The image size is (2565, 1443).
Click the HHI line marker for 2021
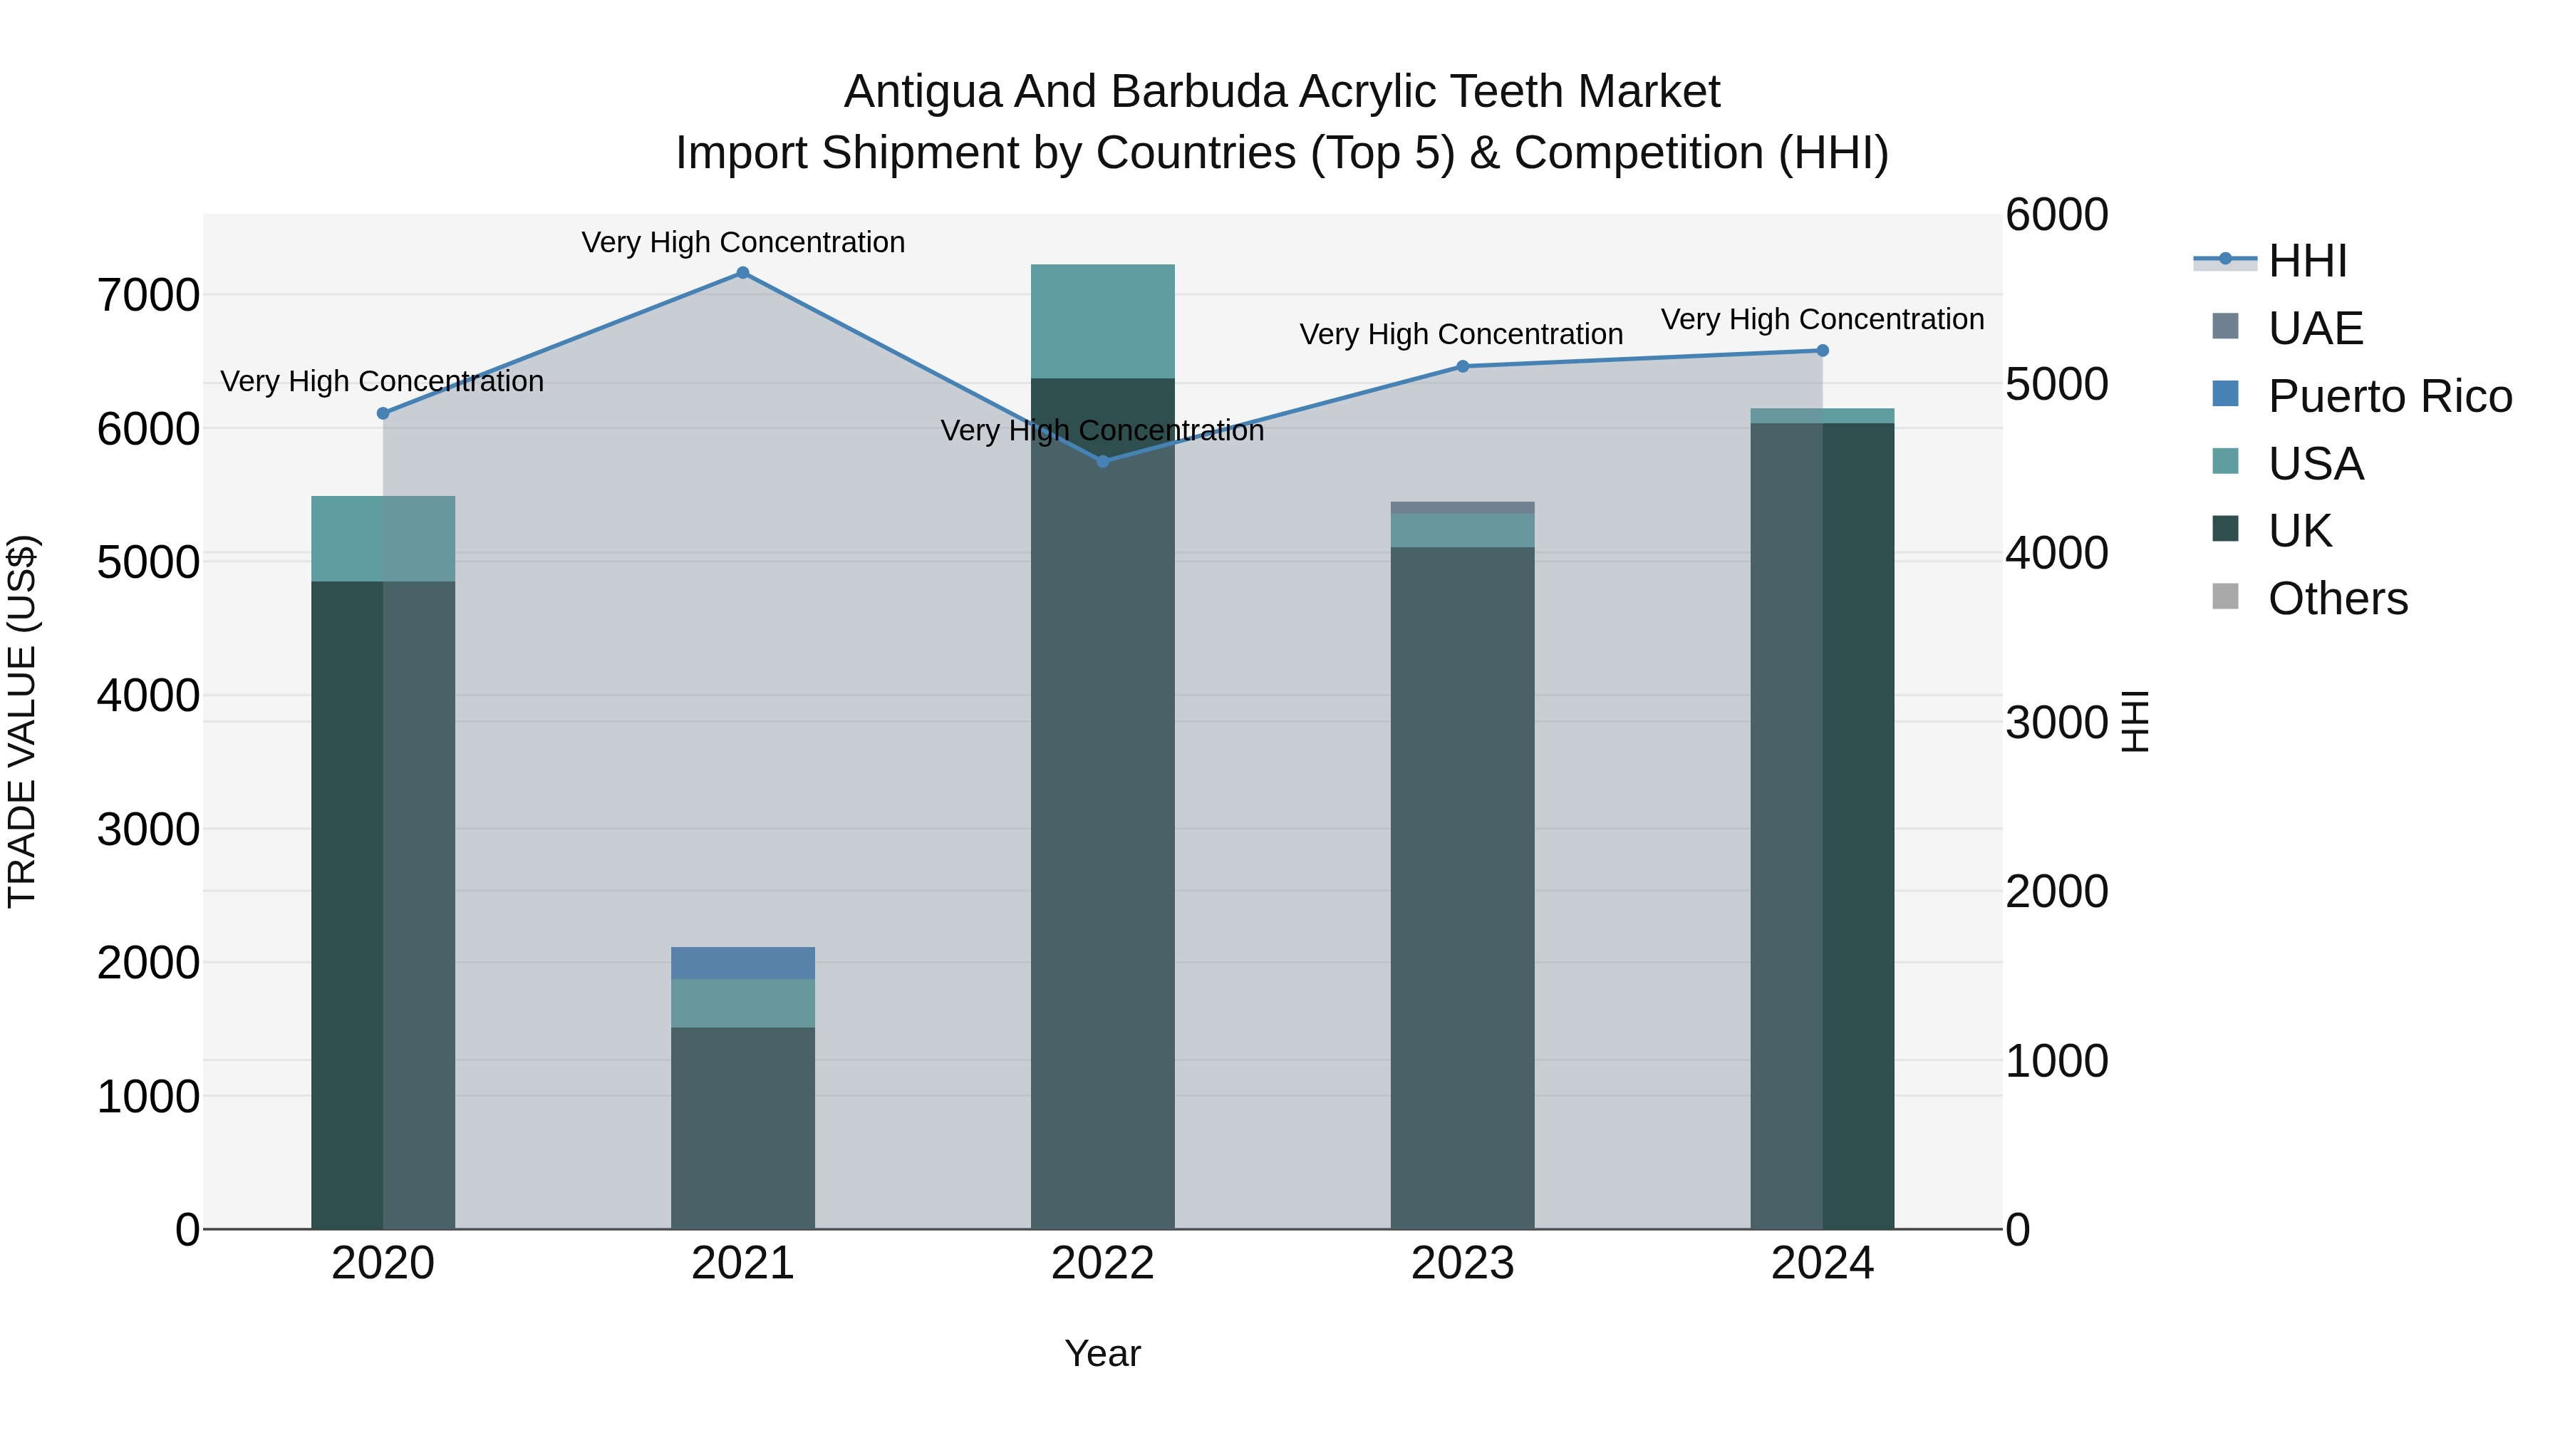[x=743, y=273]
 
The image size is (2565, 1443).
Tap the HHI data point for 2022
[x=1102, y=461]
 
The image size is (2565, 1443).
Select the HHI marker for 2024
[x=1822, y=351]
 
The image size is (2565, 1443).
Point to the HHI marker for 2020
[x=383, y=413]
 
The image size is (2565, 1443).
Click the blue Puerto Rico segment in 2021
[x=743, y=963]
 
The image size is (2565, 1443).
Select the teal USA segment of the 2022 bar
[x=1102, y=321]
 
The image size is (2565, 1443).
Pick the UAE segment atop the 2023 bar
[x=1462, y=508]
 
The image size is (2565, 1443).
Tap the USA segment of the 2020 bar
[x=383, y=539]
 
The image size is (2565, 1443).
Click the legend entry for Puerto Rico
[x=2390, y=396]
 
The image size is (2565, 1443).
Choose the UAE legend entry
[x=2315, y=329]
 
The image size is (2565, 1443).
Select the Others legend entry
[x=2337, y=599]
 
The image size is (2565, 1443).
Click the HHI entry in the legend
[x=2307, y=261]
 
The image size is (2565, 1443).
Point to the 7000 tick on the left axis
[x=148, y=296]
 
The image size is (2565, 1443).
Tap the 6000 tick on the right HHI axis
[x=2056, y=215]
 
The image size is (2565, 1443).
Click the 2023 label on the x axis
[x=1462, y=1263]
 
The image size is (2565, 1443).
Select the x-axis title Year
[x=1102, y=1353]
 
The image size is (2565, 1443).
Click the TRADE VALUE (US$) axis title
[x=23, y=721]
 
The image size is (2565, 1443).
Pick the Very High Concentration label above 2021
[x=743, y=242]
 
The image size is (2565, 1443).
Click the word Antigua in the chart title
[x=922, y=93]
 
